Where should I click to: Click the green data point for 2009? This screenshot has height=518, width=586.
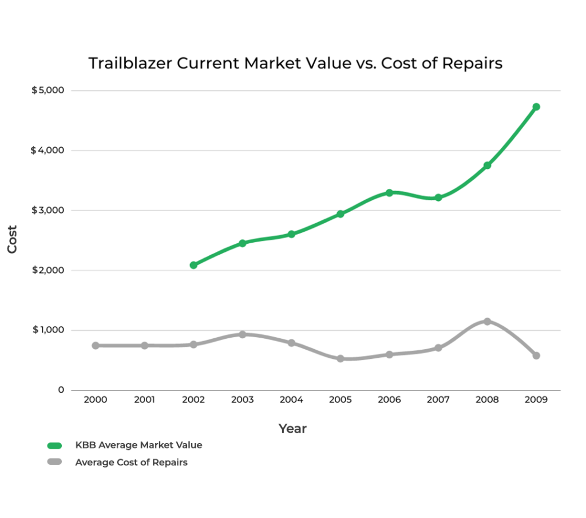pos(536,107)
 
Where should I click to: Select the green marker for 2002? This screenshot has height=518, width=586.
pos(193,265)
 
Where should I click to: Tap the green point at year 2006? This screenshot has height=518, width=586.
pos(389,193)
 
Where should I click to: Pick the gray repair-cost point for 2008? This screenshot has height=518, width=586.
pos(487,322)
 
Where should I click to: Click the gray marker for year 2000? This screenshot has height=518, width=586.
pos(96,346)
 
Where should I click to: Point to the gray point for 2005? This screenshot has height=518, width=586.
pos(340,359)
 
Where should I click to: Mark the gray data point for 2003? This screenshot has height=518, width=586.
pos(242,334)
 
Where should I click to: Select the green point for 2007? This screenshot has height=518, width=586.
pos(438,197)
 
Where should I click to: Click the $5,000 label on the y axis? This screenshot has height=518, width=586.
pos(48,90)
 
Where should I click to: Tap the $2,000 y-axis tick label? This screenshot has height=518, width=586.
pos(48,270)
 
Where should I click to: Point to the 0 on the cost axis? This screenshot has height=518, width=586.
pos(61,390)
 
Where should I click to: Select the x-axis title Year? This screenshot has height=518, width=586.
pos(292,428)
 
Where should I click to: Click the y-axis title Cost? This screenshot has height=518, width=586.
pos(13,240)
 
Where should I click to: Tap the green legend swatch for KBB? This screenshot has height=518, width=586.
pos(55,445)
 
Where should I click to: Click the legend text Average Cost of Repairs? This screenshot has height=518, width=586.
pos(131,462)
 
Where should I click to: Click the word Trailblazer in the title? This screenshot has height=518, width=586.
pos(130,64)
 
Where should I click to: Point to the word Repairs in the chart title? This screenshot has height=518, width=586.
pos(471,64)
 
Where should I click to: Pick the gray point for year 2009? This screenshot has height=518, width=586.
pos(536,355)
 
